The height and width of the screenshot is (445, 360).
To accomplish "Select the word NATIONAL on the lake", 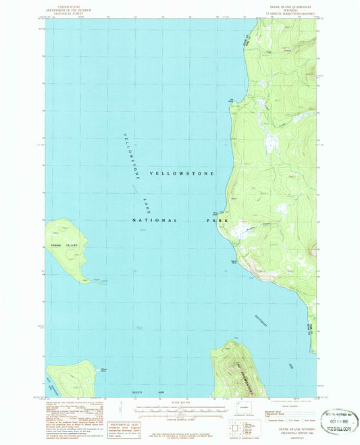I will coord(155,220).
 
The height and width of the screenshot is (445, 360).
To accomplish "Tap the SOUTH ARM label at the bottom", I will coord(143,392).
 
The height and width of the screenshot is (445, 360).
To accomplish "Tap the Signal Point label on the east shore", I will coord(234,261).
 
